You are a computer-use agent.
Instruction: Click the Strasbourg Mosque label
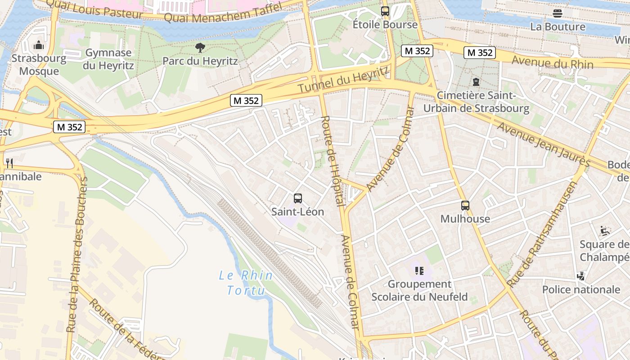pos(39,65)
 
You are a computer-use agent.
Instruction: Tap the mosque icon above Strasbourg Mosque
pos(39,45)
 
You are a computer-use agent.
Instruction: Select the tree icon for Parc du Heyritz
pos(200,47)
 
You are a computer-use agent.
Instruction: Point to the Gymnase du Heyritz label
pos(108,59)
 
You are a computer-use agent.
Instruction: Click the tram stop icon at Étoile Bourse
pos(385,11)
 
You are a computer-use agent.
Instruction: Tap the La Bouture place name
pos(558,27)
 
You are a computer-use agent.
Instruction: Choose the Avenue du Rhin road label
pos(553,62)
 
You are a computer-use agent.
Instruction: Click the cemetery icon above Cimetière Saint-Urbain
pos(476,82)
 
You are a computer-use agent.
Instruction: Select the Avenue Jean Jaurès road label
pos(543,143)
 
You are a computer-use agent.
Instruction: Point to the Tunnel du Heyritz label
pos(343,80)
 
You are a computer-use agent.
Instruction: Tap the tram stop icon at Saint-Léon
pos(297,198)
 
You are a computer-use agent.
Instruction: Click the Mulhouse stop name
pos(465,219)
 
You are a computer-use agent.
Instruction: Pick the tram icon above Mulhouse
pos(465,206)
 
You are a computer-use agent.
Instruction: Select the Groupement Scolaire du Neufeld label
pos(419,290)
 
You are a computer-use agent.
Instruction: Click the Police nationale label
pos(581,289)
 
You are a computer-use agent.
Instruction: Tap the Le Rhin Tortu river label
pos(246,283)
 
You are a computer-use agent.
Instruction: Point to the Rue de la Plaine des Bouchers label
pos(77,255)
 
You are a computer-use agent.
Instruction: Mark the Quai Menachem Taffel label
pos(223,13)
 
